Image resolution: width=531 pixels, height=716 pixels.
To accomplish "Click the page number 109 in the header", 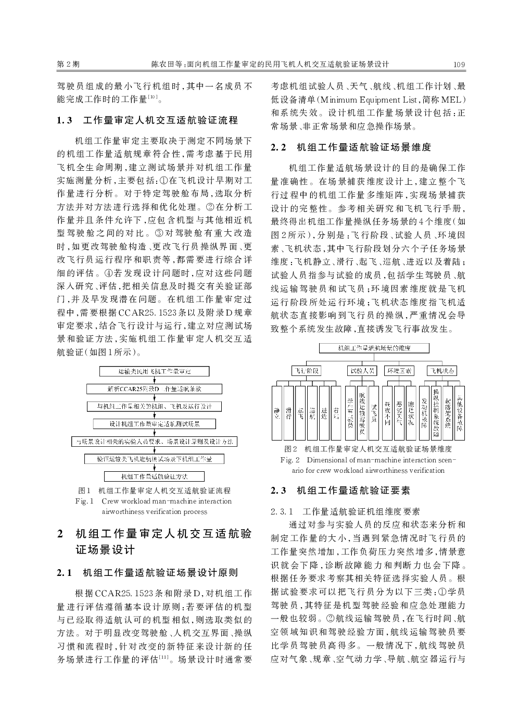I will [x=459, y=65].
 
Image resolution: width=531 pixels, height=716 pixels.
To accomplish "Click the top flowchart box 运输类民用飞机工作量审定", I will [x=154, y=371].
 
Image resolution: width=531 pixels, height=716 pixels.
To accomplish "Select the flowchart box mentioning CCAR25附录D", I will [x=154, y=389].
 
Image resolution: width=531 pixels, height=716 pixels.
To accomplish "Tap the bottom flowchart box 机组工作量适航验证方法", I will [x=154, y=476].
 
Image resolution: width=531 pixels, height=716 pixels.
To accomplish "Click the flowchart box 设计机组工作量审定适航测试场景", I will [x=154, y=424].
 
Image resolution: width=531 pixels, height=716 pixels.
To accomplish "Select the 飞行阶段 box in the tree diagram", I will [x=306, y=370].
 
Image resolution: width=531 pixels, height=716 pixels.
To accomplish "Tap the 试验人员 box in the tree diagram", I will [x=362, y=370].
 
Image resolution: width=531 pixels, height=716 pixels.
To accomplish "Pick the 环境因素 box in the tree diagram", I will [x=399, y=370].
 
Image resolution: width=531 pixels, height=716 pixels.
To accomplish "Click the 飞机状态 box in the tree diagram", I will [x=442, y=370].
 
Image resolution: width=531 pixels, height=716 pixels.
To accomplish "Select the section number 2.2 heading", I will [x=279, y=148].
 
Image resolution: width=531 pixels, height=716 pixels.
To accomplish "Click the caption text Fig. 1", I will [x=84, y=501].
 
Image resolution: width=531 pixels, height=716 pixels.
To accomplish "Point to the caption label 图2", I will [x=290, y=448].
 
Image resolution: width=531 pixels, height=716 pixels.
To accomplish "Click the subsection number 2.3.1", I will [x=283, y=512].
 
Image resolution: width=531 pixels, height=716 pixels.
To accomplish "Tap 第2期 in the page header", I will [x=68, y=65].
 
